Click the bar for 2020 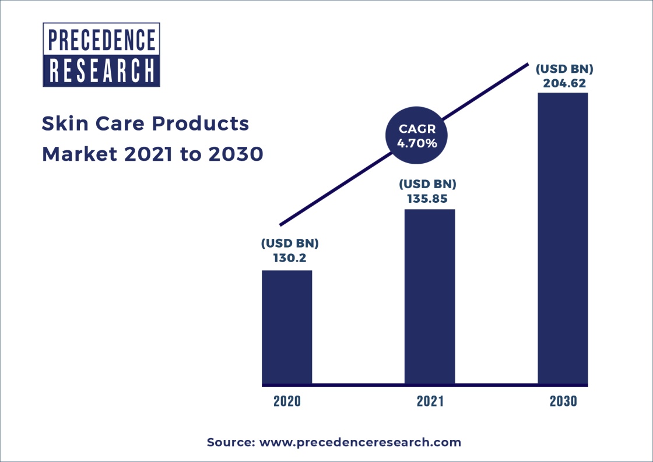286,327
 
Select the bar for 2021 430,297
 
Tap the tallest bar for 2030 563,238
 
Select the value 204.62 564,83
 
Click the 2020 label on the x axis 287,401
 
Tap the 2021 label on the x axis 430,401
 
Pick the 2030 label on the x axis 563,401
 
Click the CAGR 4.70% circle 417,135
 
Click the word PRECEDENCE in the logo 101,40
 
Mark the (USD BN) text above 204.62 564,69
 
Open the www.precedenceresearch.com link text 360,442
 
